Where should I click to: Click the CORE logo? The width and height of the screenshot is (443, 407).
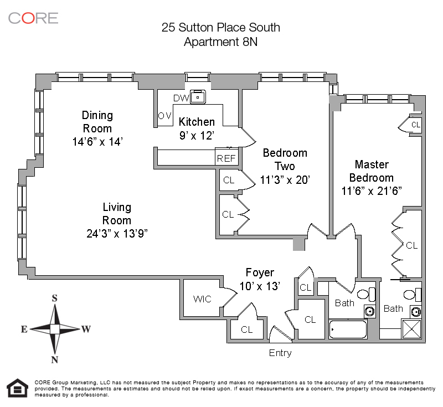tap(33, 18)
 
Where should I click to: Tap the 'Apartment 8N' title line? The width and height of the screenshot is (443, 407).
tap(220, 42)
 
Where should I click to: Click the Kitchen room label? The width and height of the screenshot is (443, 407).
tap(197, 122)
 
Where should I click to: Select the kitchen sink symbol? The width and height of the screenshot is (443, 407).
tap(198, 97)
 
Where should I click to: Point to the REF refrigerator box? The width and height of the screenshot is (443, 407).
tap(226, 157)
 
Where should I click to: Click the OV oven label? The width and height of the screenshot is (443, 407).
tap(164, 116)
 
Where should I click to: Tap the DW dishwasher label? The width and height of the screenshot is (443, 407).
tap(181, 98)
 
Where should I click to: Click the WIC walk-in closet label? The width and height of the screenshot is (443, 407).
tap(202, 299)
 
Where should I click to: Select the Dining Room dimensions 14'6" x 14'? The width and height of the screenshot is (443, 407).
tap(97, 142)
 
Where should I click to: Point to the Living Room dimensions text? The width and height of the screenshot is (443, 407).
tap(117, 234)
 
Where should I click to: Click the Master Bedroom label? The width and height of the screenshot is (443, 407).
tap(372, 171)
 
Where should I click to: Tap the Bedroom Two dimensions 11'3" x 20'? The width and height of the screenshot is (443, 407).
tap(285, 179)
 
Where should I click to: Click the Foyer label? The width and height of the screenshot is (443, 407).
tap(260, 272)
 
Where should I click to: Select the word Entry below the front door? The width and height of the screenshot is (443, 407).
tap(280, 353)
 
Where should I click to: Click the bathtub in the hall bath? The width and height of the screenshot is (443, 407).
tap(348, 329)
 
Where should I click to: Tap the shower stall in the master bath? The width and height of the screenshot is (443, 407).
tap(411, 329)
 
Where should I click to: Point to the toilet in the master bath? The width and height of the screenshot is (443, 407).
tap(412, 295)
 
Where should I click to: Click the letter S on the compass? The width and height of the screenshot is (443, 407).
tap(54, 298)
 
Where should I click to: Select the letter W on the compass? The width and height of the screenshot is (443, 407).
tap(86, 329)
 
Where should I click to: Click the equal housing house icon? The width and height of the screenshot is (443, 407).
tap(18, 388)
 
